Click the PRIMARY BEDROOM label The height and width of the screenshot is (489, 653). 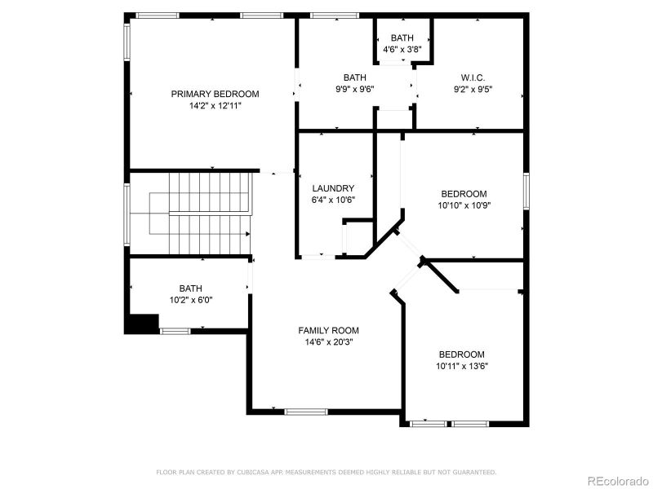point(215,94)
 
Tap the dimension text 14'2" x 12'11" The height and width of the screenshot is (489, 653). point(215,105)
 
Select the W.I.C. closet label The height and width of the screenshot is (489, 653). point(473,77)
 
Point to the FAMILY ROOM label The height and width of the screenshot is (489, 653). point(328,330)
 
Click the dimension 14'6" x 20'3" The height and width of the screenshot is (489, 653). point(328,341)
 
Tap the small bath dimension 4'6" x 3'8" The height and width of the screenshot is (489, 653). point(402,49)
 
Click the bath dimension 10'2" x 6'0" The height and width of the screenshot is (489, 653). point(190,300)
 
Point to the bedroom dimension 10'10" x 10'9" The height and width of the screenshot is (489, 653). point(464,205)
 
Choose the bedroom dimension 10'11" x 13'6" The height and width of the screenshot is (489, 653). point(461,366)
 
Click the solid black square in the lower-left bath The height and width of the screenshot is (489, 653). point(140,324)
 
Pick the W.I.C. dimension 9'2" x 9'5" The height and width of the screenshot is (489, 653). point(473,90)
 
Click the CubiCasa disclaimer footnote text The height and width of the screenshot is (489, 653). point(326,472)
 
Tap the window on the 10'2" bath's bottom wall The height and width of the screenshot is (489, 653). point(175,331)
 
